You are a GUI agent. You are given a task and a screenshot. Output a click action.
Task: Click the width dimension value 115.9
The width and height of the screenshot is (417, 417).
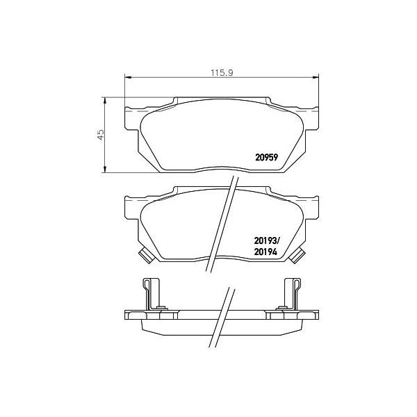click(222, 72)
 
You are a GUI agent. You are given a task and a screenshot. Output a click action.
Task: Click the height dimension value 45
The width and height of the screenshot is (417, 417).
click(101, 135)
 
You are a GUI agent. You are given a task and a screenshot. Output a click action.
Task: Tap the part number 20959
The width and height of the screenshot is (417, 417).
click(266, 158)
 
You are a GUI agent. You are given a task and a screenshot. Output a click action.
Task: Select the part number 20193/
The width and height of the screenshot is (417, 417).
click(267, 241)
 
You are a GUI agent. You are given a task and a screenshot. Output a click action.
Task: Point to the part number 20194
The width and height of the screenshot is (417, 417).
click(265, 252)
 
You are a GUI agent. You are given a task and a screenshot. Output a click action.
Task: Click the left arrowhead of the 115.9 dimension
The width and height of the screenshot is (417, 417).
click(128, 77)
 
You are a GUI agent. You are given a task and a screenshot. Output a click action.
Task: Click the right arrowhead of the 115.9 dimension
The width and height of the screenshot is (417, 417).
click(316, 77)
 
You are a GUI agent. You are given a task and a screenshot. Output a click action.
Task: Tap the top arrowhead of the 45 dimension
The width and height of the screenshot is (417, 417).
click(105, 100)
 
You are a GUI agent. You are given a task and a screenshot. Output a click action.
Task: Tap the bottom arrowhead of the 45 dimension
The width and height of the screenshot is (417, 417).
click(105, 170)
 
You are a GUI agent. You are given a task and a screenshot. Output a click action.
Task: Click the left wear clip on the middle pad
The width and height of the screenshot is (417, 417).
click(146, 256)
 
